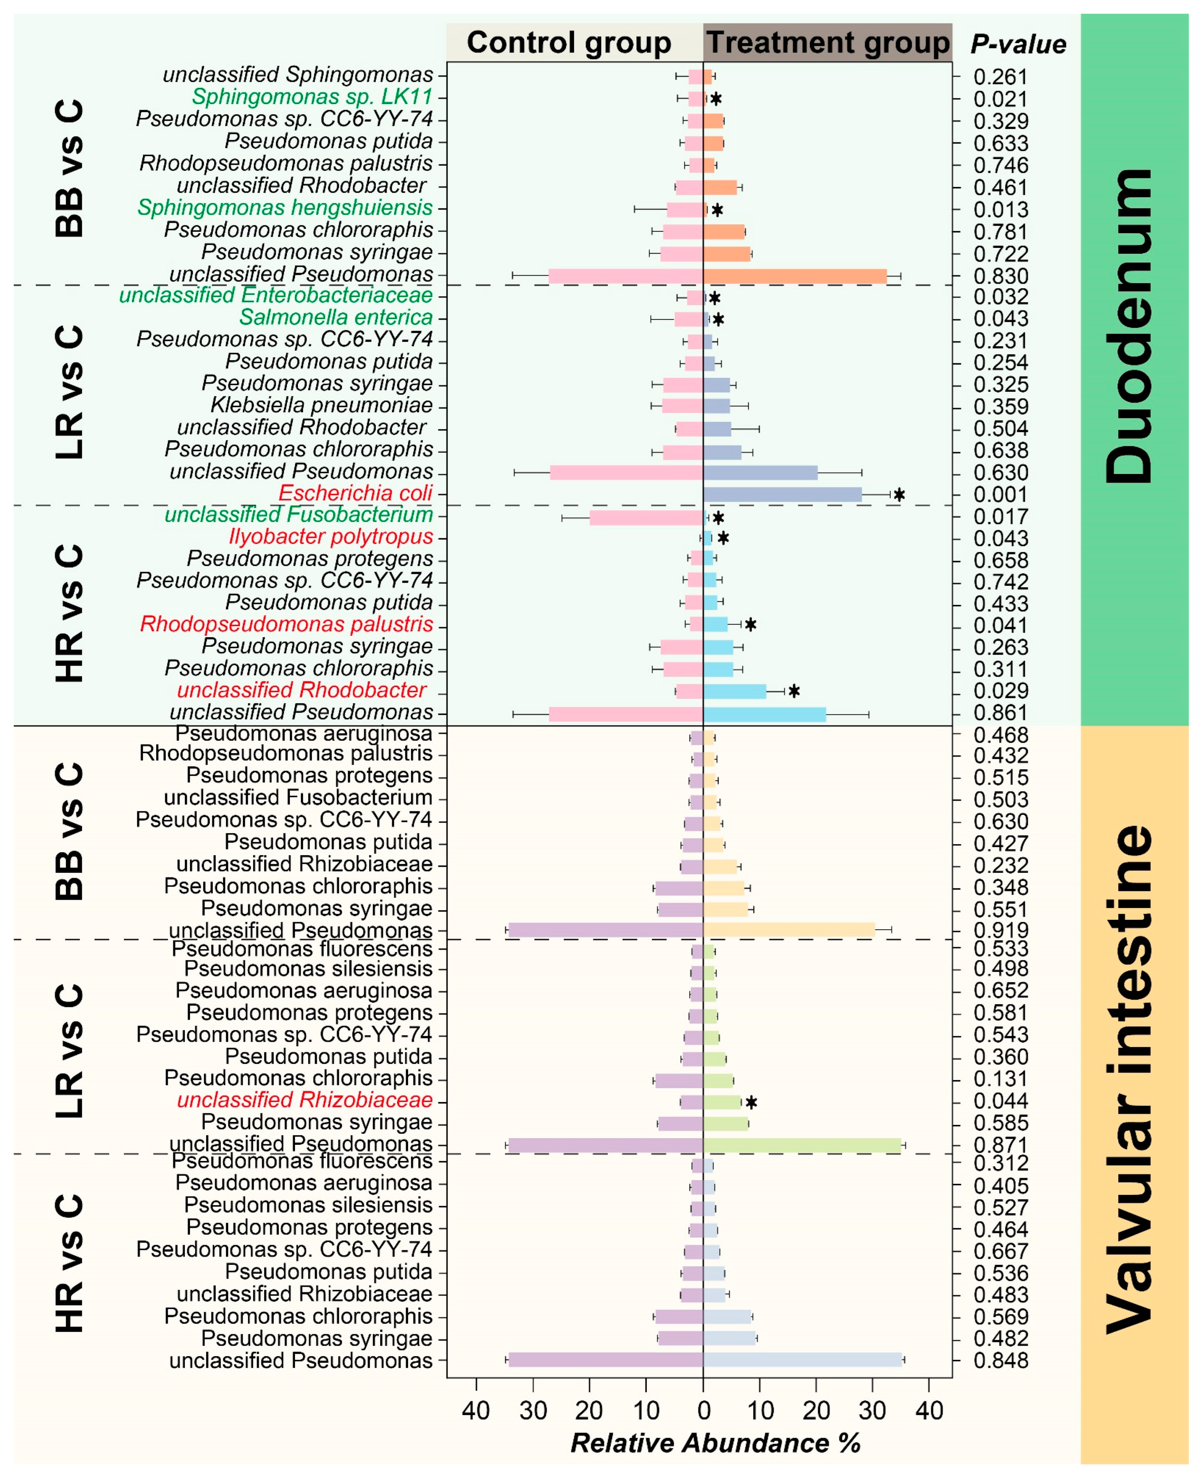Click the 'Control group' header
tap(569, 43)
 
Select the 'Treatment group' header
tap(827, 43)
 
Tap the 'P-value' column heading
tap(1018, 44)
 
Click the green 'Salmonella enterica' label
tap(336, 318)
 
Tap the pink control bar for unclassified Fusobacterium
tap(646, 517)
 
